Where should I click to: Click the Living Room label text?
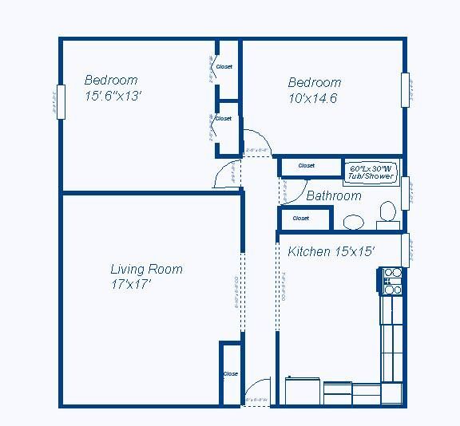[x=146, y=269]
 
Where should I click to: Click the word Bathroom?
[x=334, y=195]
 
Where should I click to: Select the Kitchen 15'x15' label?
[x=331, y=251]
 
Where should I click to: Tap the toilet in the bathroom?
[x=387, y=212]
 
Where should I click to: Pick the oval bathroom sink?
[x=351, y=221]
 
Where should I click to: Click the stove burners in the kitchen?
[x=391, y=277]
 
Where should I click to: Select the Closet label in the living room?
[x=231, y=373]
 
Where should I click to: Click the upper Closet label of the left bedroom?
[x=224, y=67]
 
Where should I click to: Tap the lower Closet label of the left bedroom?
[x=224, y=118]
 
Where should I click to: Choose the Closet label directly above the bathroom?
[x=307, y=166]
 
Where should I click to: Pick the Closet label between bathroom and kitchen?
[x=301, y=218]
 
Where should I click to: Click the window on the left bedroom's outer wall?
[x=58, y=102]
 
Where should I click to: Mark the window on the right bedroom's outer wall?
[x=406, y=89]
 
